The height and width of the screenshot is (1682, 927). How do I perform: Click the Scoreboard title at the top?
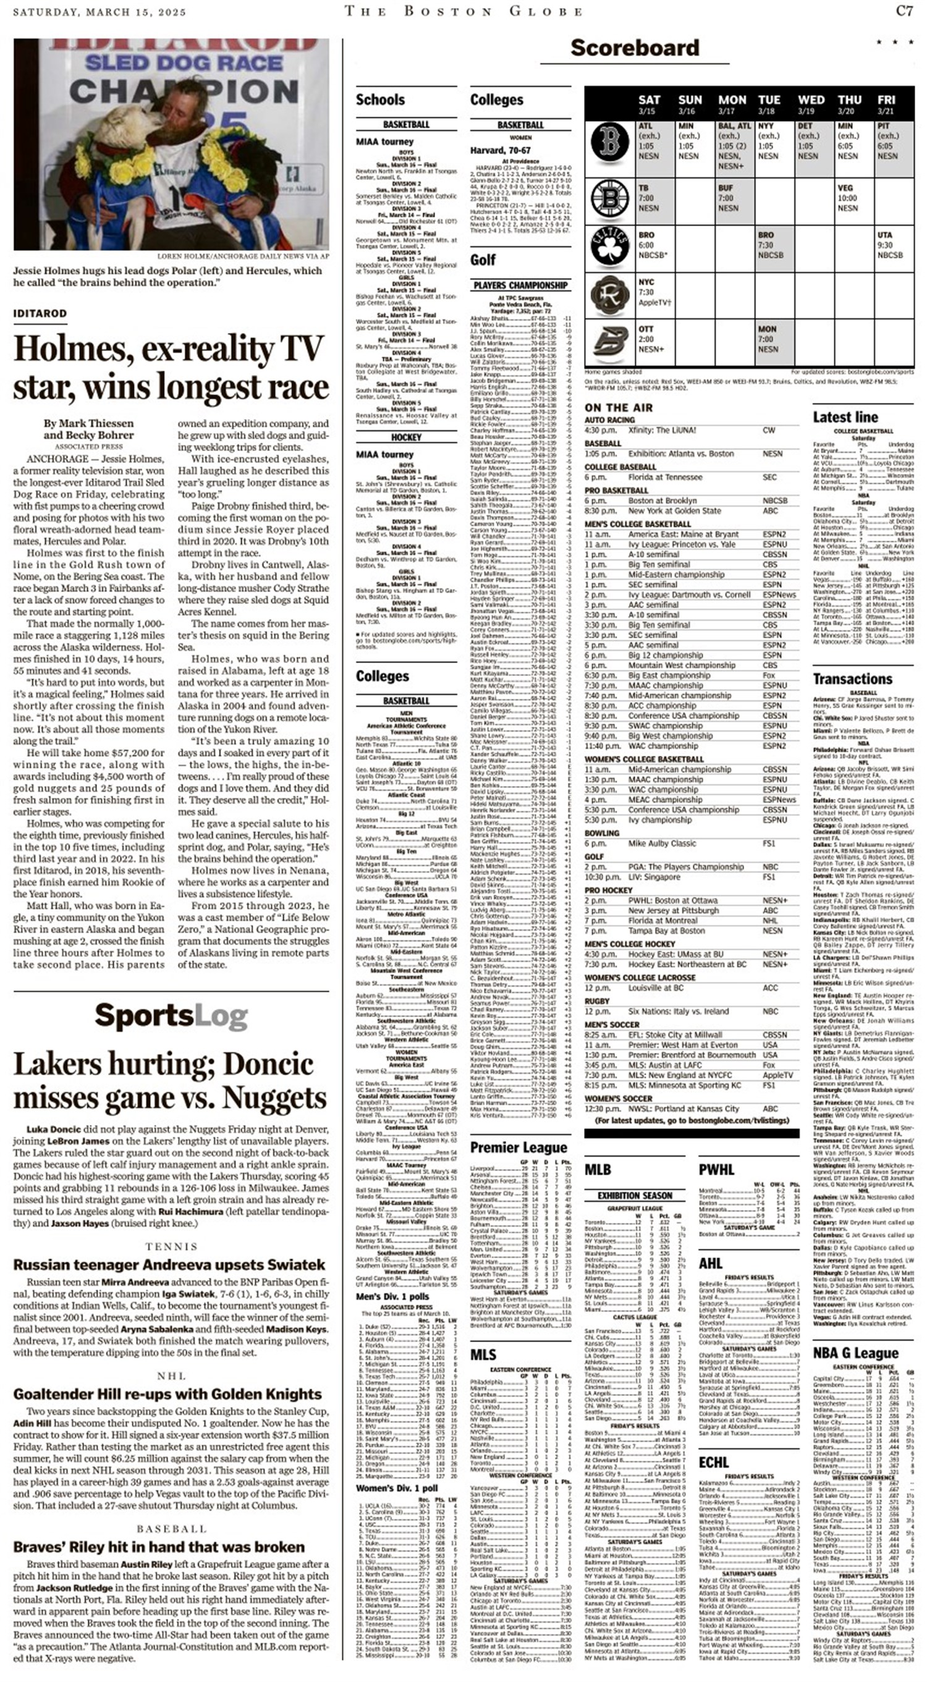(x=634, y=48)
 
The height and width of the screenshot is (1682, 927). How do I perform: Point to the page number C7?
(x=904, y=11)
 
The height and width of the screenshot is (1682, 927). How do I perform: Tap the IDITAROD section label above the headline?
(x=40, y=313)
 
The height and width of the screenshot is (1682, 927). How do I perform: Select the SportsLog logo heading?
(x=171, y=1016)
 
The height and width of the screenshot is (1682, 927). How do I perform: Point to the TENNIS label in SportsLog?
(x=171, y=1246)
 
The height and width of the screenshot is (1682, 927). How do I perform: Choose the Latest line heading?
(x=845, y=417)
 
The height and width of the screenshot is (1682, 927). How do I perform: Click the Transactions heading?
(x=852, y=678)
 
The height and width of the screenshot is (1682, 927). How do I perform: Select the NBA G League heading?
(x=855, y=1353)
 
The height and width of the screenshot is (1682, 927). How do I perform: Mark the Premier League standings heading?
(x=519, y=1148)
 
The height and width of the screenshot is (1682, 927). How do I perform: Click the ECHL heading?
(x=714, y=1462)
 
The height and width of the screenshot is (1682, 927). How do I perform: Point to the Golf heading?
(x=483, y=260)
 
